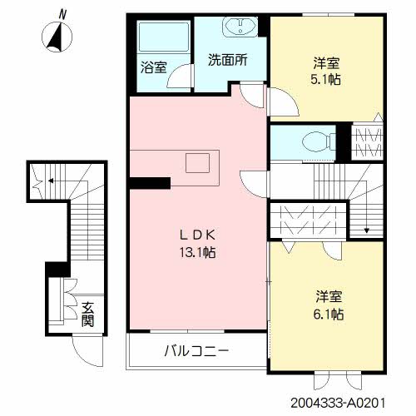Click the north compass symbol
tap(57, 37)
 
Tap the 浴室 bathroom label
tap(153, 67)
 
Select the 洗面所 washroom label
tap(227, 59)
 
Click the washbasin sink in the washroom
tap(240, 27)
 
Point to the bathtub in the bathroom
tap(164, 37)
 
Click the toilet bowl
tap(319, 142)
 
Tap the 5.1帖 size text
tap(325, 80)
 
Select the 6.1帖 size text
tap(329, 314)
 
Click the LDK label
tap(197, 235)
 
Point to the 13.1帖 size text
tap(197, 252)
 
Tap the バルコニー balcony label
tap(196, 351)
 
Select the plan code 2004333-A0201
tap(338, 403)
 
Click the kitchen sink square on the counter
tap(197, 163)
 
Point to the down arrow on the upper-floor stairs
tap(367, 230)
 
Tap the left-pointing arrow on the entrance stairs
tap(51, 181)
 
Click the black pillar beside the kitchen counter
tap(150, 183)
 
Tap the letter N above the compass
tap(63, 14)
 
